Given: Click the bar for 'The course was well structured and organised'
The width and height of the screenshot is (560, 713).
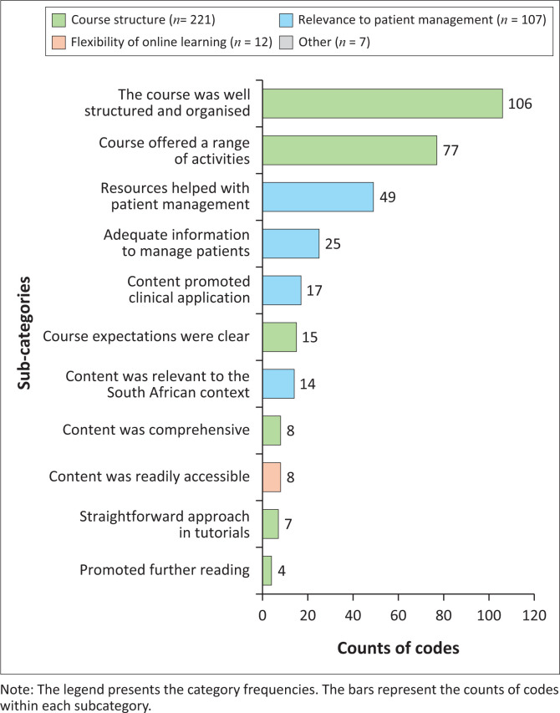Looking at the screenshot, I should coord(382,104).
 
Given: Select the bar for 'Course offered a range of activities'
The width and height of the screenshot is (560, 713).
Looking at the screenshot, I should coord(349,150).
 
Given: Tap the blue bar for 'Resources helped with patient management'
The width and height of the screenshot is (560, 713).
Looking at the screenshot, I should coord(318,197).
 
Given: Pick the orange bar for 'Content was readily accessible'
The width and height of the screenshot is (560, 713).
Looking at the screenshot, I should coord(272,476).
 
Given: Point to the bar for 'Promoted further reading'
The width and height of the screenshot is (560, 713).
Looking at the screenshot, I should coord(267,569).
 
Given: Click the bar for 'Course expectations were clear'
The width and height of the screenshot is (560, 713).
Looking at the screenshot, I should coord(279,337).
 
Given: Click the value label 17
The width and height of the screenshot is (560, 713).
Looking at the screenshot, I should coord(315,291).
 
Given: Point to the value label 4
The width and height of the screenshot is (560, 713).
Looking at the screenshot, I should coord(282,569).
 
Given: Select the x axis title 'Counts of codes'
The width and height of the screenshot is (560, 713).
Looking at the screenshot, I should coord(398,649).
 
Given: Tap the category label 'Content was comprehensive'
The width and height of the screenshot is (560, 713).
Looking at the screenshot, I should coord(156,430).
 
